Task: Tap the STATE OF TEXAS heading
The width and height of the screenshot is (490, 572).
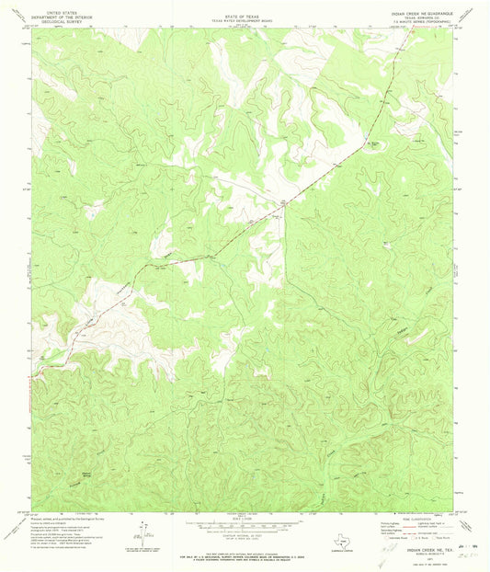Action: [x=245, y=8]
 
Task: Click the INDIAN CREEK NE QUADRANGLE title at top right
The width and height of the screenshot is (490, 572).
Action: [x=431, y=8]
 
